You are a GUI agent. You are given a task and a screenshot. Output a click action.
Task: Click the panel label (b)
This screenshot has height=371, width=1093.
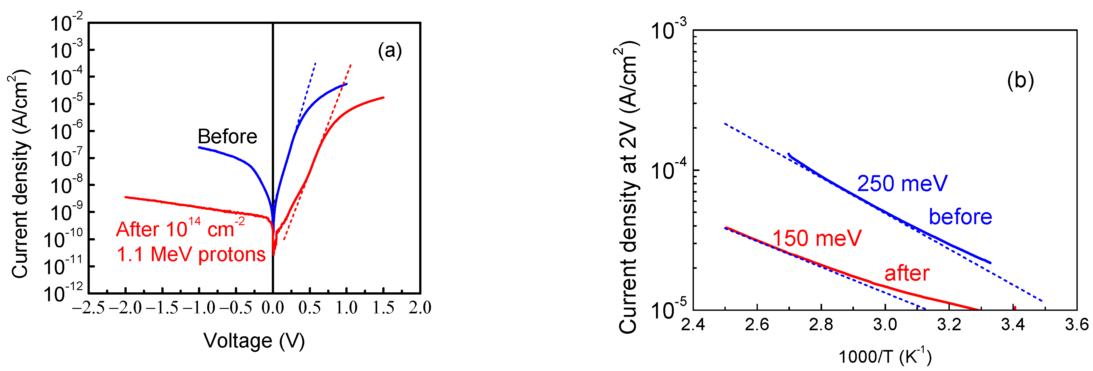[1020, 80]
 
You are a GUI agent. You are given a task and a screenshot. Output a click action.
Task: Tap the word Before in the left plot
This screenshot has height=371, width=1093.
[228, 137]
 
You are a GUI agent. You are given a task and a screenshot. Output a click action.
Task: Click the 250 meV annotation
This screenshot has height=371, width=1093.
[902, 183]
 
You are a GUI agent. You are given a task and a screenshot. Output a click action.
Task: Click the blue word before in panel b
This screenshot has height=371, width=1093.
[960, 217]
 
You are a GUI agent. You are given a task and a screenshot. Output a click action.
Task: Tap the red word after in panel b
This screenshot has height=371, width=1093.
[907, 273]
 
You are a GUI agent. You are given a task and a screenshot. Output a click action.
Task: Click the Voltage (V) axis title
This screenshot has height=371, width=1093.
[254, 341]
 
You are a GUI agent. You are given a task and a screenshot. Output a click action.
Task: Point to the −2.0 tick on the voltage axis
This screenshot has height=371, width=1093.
[126, 308]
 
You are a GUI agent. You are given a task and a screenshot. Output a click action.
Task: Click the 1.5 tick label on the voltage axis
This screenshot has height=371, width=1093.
[383, 308]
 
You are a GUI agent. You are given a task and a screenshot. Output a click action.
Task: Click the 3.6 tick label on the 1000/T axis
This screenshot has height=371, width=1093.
[1076, 325]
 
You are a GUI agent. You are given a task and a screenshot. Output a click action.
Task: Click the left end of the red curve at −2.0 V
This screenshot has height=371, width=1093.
[126, 197]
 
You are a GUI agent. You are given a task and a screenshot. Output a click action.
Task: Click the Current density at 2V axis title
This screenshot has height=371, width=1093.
[628, 187]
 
